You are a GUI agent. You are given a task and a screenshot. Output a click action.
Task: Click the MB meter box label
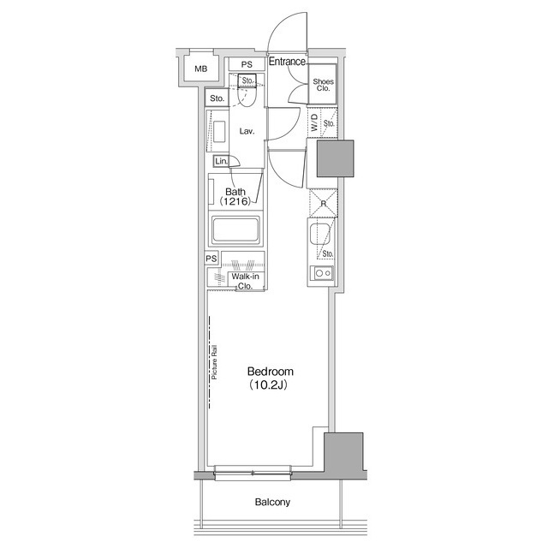point(201,68)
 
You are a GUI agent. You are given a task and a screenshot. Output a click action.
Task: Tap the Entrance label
point(287,62)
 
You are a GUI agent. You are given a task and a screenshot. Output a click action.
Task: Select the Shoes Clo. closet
point(323,84)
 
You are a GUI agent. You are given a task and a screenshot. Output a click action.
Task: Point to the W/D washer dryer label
point(315,122)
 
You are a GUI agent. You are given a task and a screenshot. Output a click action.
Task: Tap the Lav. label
point(247,131)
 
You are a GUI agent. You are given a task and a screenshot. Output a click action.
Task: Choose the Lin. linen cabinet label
point(221,161)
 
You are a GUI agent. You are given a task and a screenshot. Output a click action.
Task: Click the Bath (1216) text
point(235,196)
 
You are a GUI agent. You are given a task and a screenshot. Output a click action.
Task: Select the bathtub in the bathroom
point(236,229)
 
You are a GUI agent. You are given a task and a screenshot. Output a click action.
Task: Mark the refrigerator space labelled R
point(324,203)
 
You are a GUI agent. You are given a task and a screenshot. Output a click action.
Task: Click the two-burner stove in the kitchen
point(323,273)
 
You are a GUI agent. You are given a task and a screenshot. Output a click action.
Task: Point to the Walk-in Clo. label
point(246,281)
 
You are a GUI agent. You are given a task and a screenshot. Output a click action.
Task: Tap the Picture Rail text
point(214,362)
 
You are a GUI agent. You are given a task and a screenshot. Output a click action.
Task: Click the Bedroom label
point(271,371)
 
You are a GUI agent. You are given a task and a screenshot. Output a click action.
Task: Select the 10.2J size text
point(268,384)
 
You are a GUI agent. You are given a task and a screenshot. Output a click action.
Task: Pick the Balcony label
point(272,503)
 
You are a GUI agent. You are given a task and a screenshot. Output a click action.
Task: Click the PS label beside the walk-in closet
point(211,259)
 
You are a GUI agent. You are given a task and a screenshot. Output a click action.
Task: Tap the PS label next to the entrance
point(247,64)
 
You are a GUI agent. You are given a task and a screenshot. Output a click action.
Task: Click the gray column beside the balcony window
point(344,451)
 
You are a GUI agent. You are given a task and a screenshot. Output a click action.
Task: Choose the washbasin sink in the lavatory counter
point(219,131)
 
